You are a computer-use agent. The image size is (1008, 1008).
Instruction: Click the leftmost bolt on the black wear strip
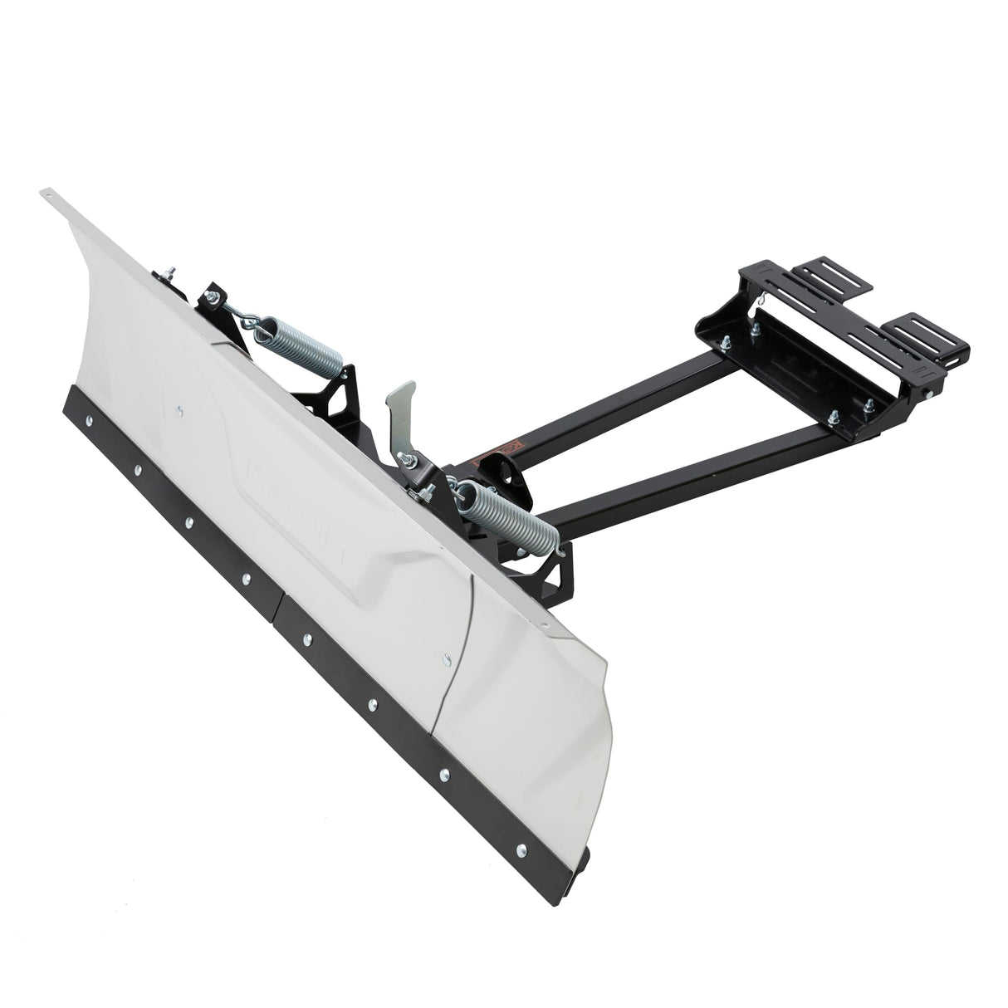click(x=137, y=472)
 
